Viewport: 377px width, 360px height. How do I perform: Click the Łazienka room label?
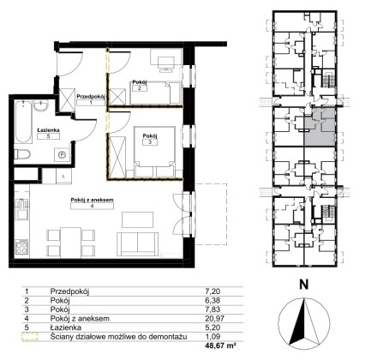(x=48, y=130)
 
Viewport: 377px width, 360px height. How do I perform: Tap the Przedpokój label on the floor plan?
(x=91, y=97)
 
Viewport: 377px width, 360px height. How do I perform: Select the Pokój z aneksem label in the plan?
(x=92, y=200)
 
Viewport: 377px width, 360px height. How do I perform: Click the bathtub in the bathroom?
(x=23, y=123)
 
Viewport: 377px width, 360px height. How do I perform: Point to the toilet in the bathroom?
(x=22, y=155)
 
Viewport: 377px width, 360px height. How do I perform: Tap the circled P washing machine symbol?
(x=62, y=155)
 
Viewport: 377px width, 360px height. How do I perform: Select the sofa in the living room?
(x=137, y=244)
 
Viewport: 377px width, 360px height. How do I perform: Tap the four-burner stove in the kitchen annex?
(x=21, y=247)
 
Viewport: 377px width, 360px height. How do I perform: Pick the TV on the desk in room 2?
(x=166, y=63)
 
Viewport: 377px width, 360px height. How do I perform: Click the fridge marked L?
(x=63, y=176)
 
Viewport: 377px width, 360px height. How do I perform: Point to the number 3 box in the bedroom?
(x=150, y=142)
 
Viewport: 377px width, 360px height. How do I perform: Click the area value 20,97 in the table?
(x=215, y=318)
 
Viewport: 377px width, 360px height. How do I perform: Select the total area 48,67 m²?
(x=220, y=345)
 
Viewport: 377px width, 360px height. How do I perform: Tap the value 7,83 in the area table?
(x=213, y=309)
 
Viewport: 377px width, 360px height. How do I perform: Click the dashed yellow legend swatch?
(x=30, y=337)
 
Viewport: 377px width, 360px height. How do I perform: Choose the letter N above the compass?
(x=304, y=285)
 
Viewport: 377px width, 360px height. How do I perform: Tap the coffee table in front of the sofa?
(x=138, y=219)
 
